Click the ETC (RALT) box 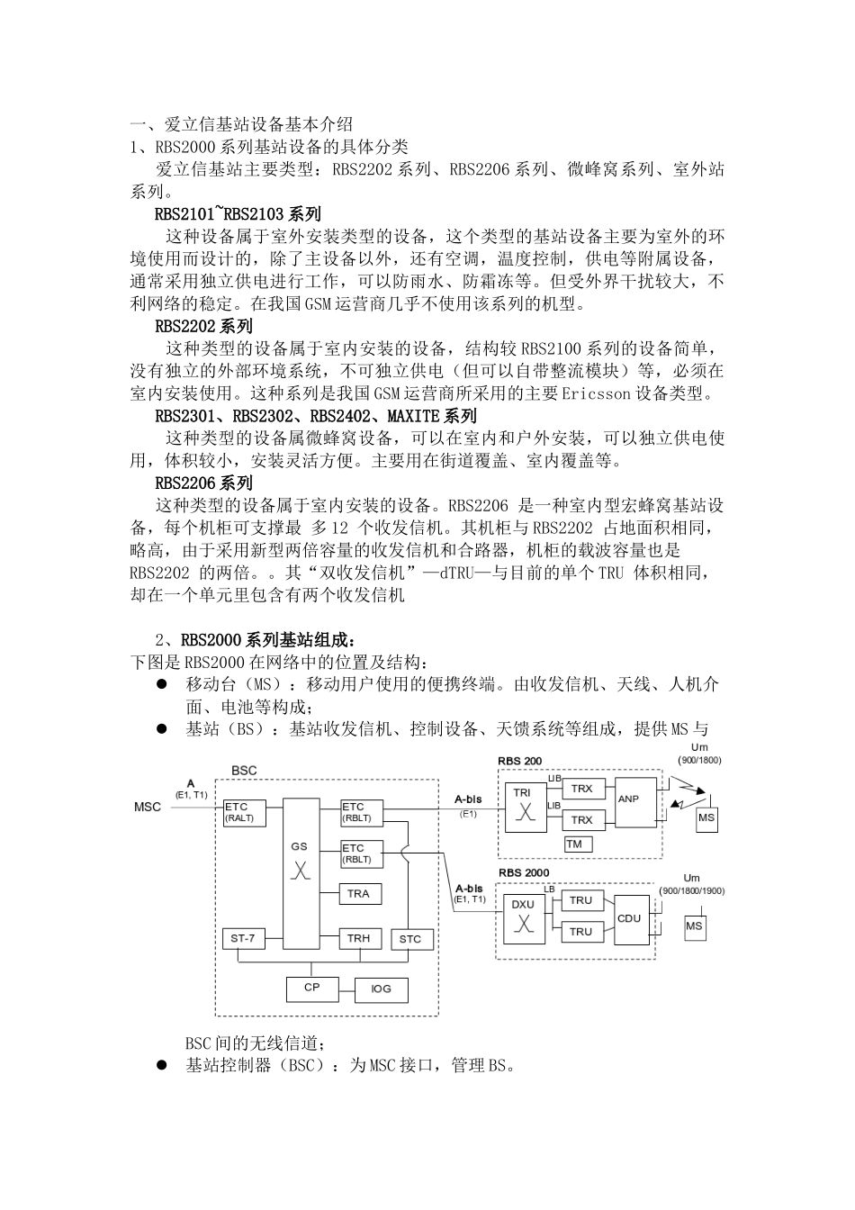239,812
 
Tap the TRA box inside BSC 358,893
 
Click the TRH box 358,939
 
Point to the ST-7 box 243,939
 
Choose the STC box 410,939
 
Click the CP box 312,988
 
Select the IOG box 381,989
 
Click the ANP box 628,799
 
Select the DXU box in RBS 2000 523,917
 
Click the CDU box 629,918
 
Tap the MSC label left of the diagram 148,807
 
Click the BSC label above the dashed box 244,771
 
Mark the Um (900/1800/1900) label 691,884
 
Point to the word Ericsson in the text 598,393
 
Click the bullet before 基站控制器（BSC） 163,1066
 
